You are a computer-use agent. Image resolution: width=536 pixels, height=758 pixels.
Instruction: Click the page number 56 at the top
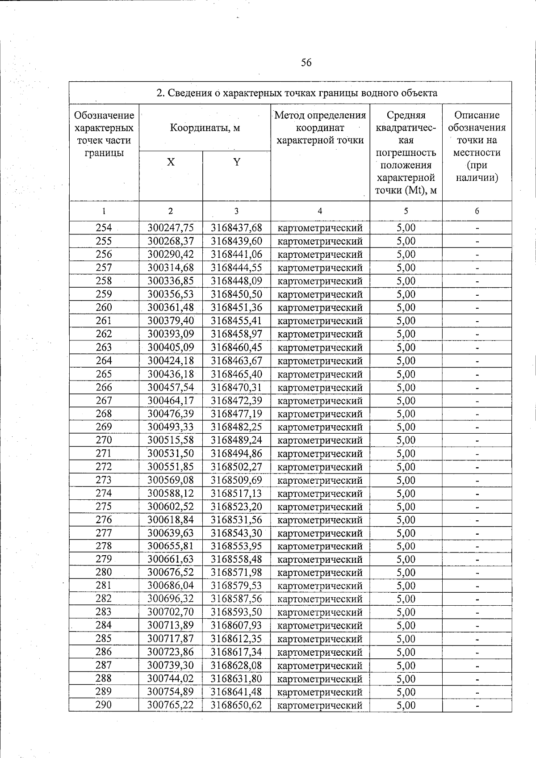point(306,63)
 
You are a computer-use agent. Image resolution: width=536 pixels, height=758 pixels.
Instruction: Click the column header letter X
point(171,162)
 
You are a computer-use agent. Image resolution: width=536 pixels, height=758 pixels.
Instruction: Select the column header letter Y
point(237,162)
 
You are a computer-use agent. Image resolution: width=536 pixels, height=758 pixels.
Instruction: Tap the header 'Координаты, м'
point(205,128)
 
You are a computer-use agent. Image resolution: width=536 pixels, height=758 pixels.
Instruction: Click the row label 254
point(104,228)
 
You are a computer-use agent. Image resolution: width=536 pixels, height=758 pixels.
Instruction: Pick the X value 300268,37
point(171,241)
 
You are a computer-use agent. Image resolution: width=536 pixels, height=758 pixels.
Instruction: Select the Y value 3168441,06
point(236,255)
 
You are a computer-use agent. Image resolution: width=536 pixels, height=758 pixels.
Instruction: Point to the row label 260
point(104,307)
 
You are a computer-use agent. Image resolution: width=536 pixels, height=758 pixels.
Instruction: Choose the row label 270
point(104,440)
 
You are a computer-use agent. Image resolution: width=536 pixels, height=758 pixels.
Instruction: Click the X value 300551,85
point(171,467)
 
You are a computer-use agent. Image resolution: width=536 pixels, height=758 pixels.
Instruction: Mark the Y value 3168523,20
point(236,507)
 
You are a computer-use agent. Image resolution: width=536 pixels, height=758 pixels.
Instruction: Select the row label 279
point(104,559)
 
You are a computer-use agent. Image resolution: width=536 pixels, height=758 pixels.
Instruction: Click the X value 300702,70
point(171,612)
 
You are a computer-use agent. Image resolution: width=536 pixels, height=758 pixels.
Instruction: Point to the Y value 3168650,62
point(236,705)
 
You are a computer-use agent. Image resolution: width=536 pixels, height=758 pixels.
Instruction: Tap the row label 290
point(104,705)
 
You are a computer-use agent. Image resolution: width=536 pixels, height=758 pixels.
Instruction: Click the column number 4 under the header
point(320,211)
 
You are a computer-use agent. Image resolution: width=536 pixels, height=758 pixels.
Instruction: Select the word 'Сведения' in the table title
point(192,93)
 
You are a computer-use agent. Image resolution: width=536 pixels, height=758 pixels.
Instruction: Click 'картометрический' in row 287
point(320,666)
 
